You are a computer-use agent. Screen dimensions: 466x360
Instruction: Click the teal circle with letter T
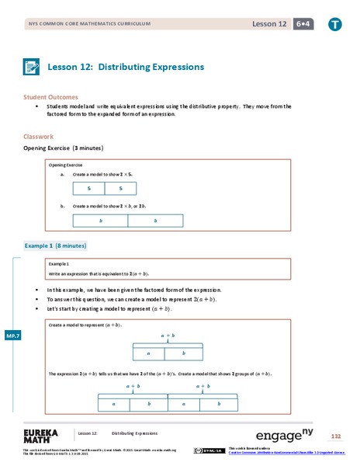click(334, 24)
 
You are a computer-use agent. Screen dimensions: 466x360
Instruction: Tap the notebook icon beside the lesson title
click(33, 67)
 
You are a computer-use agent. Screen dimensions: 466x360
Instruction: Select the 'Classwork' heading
click(39, 137)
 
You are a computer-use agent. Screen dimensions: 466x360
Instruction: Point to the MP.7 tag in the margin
click(12, 335)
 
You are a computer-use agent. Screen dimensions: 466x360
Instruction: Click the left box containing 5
click(88, 189)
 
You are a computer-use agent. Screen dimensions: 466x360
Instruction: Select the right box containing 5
click(120, 189)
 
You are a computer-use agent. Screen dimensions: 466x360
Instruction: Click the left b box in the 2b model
click(100, 221)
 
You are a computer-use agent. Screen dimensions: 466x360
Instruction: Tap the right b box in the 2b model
click(155, 221)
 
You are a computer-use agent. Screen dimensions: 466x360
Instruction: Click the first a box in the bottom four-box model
click(115, 404)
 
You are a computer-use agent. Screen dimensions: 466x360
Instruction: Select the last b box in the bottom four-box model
click(220, 404)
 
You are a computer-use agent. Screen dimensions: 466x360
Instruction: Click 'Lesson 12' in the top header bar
click(269, 24)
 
